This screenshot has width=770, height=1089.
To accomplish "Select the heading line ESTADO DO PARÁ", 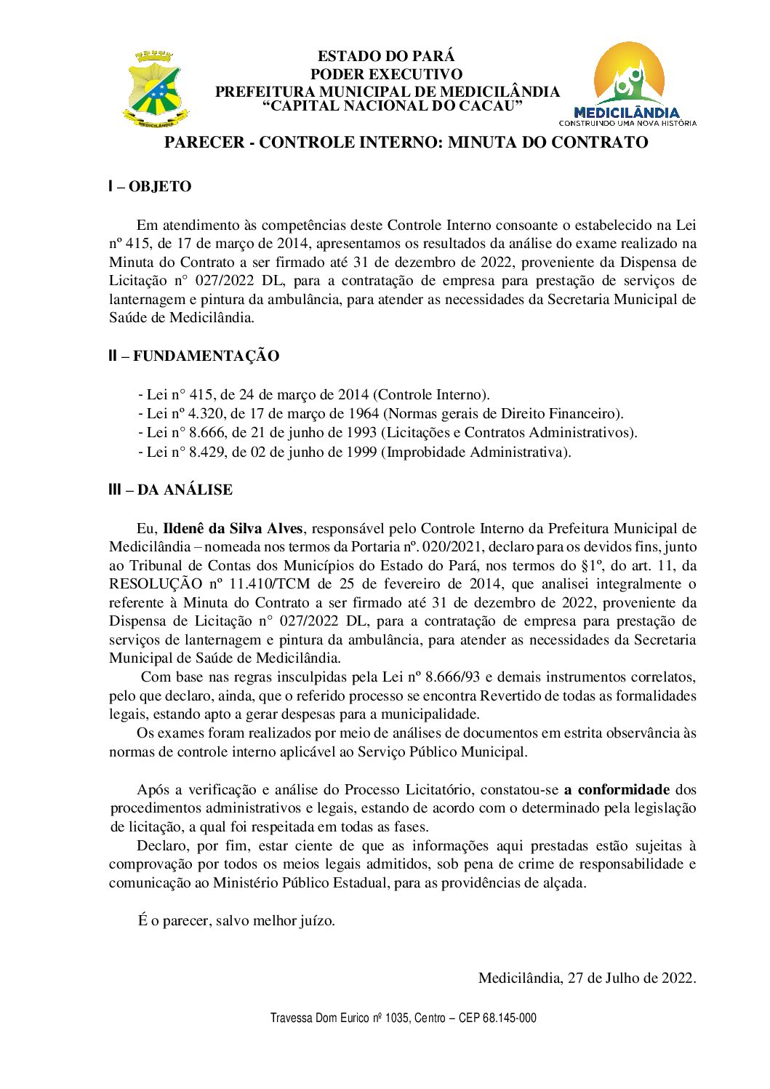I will click(386, 56).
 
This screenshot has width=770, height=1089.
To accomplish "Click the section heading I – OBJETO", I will click(150, 187).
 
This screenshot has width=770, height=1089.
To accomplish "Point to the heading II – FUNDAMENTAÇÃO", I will click(193, 356).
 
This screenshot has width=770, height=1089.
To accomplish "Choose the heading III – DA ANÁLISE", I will click(171, 490).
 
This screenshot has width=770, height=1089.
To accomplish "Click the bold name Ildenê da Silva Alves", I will click(232, 529).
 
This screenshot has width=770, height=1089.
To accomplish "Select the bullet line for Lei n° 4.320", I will click(381, 414).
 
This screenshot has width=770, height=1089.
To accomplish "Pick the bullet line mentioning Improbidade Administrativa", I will click(355, 452).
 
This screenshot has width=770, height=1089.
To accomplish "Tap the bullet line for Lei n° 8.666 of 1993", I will click(388, 433).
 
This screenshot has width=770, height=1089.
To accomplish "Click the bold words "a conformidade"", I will click(617, 790).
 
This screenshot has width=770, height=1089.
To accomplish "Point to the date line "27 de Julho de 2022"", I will click(587, 978).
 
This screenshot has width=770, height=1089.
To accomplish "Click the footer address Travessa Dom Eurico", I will click(403, 1018).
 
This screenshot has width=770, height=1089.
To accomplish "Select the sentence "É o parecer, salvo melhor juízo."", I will click(236, 921).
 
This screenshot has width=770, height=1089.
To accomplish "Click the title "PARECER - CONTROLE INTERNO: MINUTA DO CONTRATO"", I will click(406, 143).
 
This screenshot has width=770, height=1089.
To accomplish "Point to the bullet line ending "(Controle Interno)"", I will click(314, 395).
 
